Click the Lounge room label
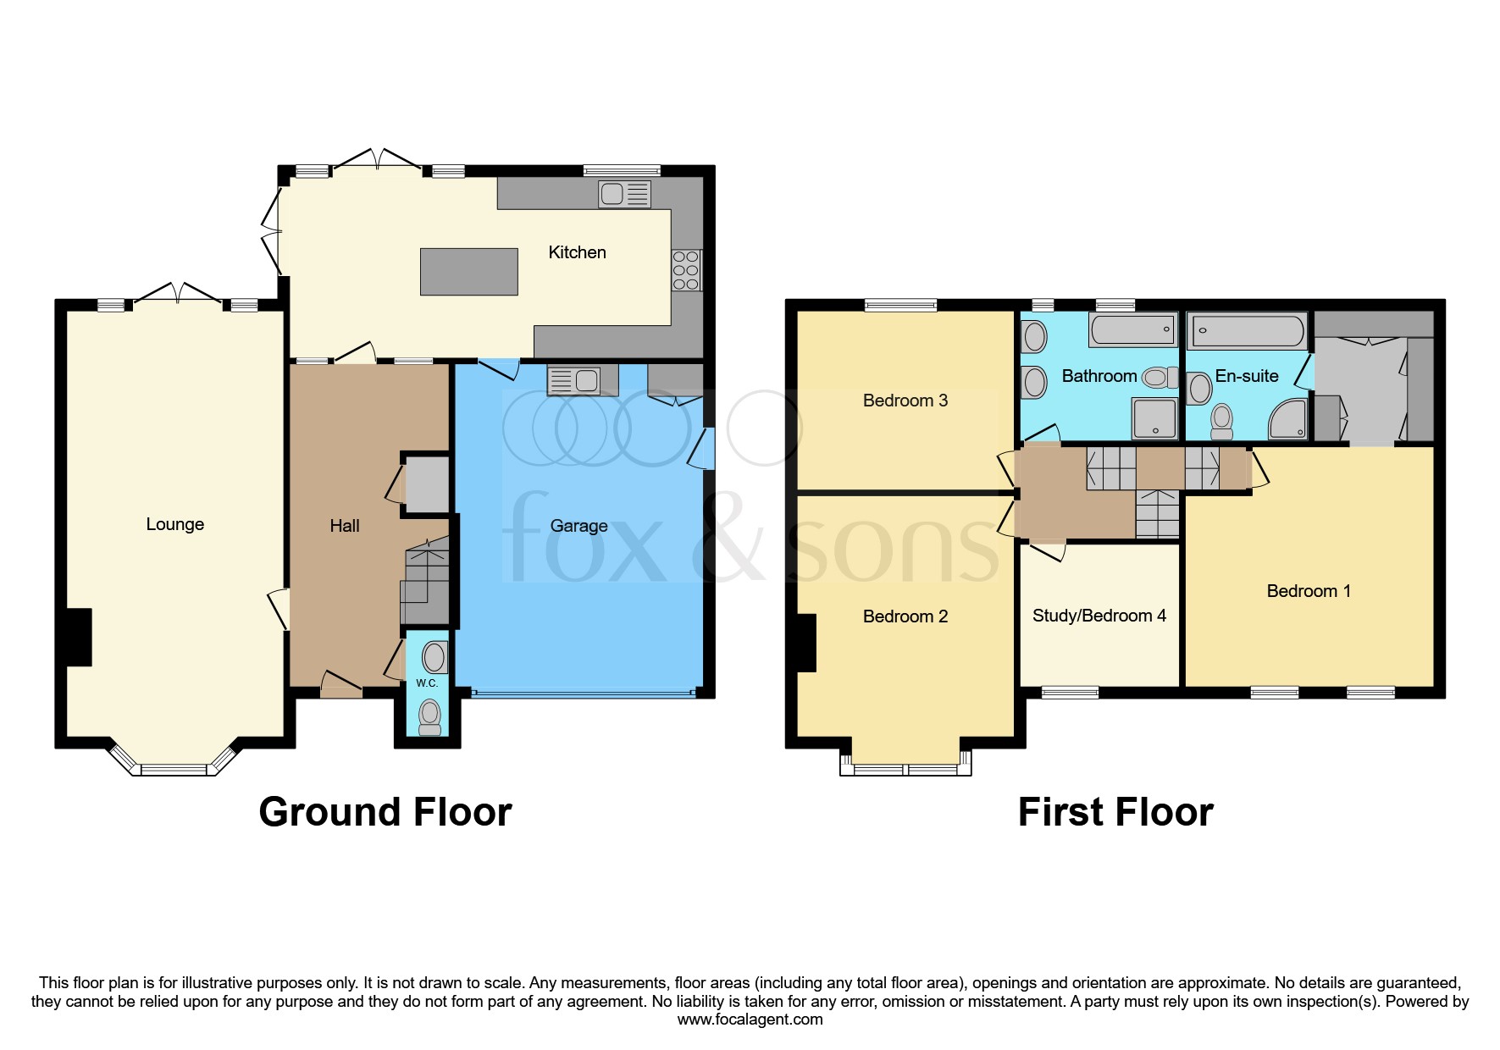tap(174, 524)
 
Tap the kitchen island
tap(469, 271)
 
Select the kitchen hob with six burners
tap(686, 270)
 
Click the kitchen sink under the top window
tap(624, 194)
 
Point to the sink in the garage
tap(573, 381)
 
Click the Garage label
tap(578, 526)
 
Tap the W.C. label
tap(427, 683)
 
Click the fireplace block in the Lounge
tap(79, 637)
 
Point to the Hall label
tap(345, 526)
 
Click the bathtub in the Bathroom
tap(1133, 329)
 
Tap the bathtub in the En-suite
tap(1248, 331)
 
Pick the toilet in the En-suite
tap(1221, 421)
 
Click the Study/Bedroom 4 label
tap(1099, 616)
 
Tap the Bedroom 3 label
tap(905, 401)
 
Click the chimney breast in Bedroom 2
tap(806, 643)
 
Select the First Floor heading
tap(1115, 812)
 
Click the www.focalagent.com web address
tap(750, 1020)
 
